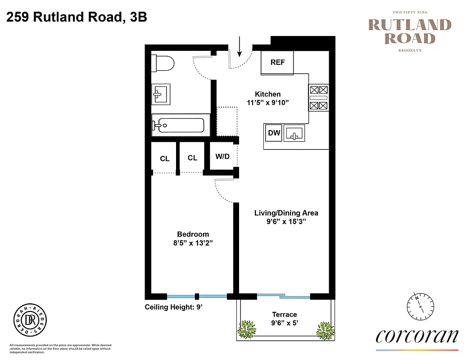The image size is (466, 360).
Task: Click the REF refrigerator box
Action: (277, 63)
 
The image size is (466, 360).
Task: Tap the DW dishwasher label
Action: (274, 133)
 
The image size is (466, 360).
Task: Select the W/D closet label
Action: (222, 157)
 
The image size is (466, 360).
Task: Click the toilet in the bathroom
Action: (163, 63)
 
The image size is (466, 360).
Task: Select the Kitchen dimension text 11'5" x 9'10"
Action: (268, 103)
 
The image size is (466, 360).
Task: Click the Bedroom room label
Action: (193, 234)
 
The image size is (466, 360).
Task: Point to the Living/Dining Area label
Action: (286, 213)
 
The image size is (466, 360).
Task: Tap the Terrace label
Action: (285, 315)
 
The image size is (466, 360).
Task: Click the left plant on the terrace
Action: (247, 329)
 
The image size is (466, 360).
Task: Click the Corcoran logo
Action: (416, 336)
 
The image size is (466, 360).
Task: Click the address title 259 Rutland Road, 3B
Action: (77, 18)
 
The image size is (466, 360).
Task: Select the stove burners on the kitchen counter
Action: (319, 98)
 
